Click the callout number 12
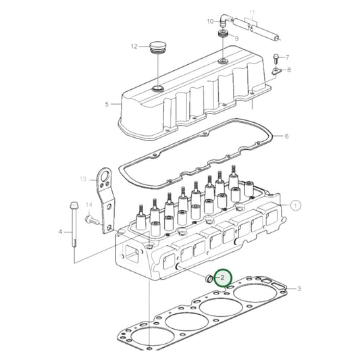[x=134, y=47]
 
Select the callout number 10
[x=209, y=21]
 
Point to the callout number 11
[x=253, y=13]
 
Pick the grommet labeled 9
[x=222, y=38]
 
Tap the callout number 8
[x=289, y=70]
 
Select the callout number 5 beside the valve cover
[x=107, y=104]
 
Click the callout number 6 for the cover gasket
[x=286, y=136]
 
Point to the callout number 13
[x=84, y=179]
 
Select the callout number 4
[x=60, y=232]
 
